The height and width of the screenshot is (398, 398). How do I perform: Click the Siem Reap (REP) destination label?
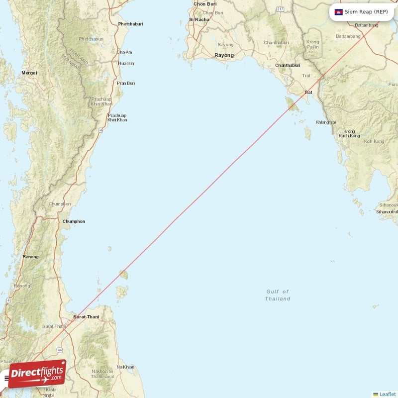click(x=367, y=11)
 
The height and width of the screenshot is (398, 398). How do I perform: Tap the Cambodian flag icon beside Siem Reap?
click(x=339, y=11)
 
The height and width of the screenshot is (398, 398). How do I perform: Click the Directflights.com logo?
click(x=37, y=374)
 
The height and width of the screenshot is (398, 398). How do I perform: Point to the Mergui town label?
click(x=29, y=73)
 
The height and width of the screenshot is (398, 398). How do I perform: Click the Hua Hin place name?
click(x=126, y=63)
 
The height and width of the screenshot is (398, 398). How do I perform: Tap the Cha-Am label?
click(x=124, y=52)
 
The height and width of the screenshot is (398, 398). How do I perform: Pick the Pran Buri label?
click(x=126, y=83)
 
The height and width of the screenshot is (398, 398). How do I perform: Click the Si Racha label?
click(x=199, y=19)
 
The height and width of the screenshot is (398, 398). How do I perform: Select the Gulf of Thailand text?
click(x=278, y=295)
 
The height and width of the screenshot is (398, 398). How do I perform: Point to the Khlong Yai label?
click(x=326, y=122)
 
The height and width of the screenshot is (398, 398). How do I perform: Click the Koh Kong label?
click(x=374, y=141)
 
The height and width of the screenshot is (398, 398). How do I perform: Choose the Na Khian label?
click(x=125, y=367)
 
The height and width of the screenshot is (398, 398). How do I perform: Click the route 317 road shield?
click(x=281, y=9)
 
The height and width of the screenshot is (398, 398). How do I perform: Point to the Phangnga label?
click(x=10, y=361)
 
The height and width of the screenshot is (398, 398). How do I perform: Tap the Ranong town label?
click(x=31, y=257)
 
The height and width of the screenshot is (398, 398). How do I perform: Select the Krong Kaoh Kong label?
click(x=349, y=133)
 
